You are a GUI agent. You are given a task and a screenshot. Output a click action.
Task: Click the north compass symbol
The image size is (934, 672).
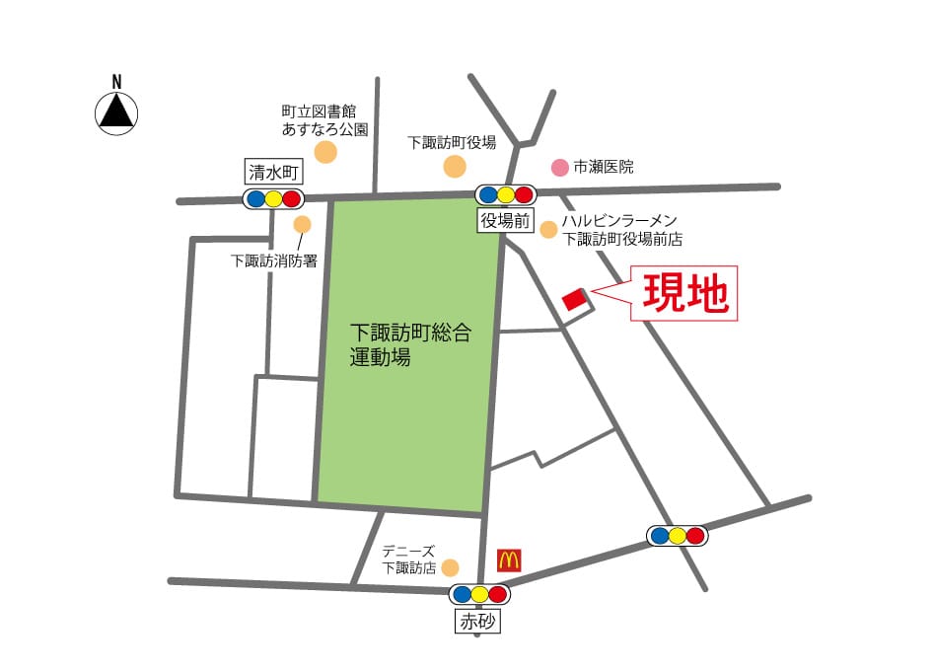115,111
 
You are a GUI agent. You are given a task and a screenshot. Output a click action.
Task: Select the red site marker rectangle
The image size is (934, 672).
573,298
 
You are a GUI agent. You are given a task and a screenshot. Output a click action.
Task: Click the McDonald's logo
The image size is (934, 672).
509,560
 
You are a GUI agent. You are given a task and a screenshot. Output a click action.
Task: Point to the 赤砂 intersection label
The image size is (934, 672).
478,622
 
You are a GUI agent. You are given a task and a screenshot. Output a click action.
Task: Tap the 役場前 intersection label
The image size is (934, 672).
505,220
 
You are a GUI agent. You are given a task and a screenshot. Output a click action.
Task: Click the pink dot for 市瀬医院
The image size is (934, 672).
559,167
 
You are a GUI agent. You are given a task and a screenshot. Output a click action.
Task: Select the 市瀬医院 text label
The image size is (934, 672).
604,168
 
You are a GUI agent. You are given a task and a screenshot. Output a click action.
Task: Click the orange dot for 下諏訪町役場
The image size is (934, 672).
455,166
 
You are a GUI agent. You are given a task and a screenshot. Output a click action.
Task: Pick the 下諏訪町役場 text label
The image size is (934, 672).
452,142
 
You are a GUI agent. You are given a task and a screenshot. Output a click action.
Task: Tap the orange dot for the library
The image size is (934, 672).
324,152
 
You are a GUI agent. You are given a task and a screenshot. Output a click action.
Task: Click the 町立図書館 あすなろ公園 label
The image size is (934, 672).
323,120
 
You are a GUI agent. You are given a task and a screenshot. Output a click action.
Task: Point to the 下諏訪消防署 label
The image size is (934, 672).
273,261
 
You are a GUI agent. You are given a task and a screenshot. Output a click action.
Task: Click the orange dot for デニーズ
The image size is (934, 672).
450,567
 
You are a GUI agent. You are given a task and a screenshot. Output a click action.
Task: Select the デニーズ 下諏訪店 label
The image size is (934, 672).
409,560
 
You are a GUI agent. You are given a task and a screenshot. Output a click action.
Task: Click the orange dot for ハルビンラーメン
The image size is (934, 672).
548,230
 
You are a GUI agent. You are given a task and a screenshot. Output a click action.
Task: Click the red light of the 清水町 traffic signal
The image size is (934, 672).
291,199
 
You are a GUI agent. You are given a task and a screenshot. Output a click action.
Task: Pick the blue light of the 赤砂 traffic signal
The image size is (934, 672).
461,595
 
